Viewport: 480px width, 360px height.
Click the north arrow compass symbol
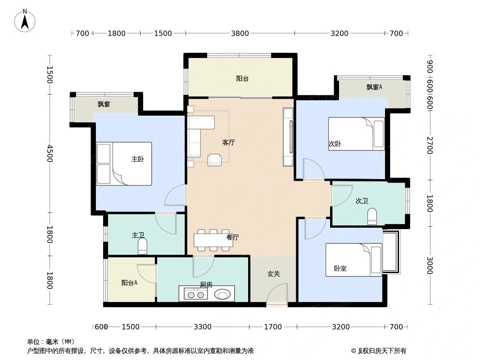point(25,21)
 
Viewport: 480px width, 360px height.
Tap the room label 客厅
point(229,142)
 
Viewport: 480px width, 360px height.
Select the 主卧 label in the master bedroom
point(138,159)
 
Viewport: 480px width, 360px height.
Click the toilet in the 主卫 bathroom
point(142,246)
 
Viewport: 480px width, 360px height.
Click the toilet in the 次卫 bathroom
point(372,216)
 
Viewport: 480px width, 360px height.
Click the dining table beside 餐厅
point(213,240)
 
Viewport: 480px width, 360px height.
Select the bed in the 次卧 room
point(356,134)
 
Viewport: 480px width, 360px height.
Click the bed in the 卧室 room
point(354,260)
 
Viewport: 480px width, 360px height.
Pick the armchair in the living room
point(214,160)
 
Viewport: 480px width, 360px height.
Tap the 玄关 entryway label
point(274,274)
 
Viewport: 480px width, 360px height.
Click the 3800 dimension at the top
point(240,33)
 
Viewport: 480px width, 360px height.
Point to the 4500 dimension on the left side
point(50,153)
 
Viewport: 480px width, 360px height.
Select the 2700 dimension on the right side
point(430,145)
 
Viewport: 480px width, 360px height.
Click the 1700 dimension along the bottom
point(273,327)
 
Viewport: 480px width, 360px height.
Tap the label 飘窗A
point(374,87)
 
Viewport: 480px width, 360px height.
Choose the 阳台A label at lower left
point(129,283)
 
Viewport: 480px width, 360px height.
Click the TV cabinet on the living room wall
point(288,137)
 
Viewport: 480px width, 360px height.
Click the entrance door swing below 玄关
point(276,297)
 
